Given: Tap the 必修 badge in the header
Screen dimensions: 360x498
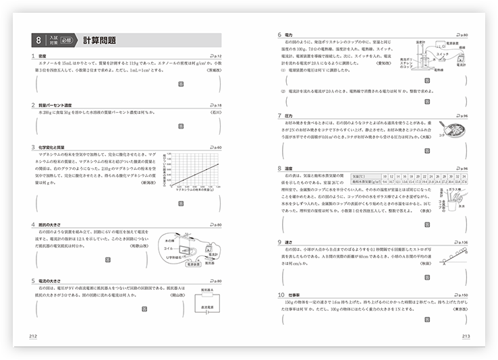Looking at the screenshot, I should pyautogui.click(x=65, y=40).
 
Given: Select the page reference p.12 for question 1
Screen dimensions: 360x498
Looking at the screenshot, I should pyautogui.click(x=216, y=56).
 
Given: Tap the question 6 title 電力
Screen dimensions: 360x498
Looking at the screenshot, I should pyautogui.click(x=289, y=34).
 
